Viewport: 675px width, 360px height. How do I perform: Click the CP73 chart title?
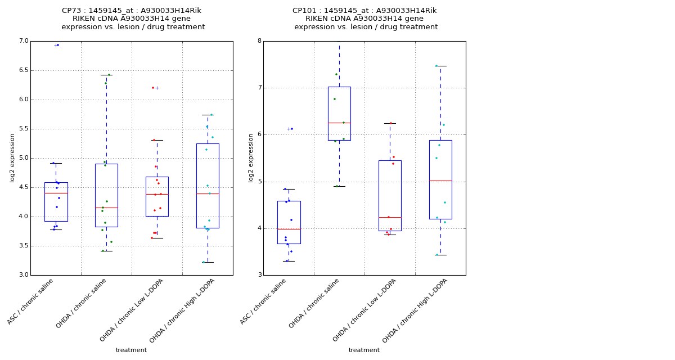click(x=132, y=19)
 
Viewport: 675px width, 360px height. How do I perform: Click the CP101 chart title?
click(x=365, y=19)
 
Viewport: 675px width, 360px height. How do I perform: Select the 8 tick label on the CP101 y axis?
click(x=259, y=41)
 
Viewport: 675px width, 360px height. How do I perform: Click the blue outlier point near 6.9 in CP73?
click(x=58, y=45)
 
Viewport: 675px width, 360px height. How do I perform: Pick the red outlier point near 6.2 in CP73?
click(x=152, y=88)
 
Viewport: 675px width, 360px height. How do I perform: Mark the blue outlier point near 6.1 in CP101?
click(x=292, y=129)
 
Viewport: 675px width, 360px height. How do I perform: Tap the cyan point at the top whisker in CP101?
click(x=436, y=66)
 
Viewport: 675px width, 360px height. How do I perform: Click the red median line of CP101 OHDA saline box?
click(x=339, y=123)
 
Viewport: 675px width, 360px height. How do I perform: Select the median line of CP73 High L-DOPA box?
click(x=208, y=193)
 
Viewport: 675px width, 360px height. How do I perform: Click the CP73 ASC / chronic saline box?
click(x=56, y=201)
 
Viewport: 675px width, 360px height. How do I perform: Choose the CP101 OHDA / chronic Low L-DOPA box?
click(x=390, y=195)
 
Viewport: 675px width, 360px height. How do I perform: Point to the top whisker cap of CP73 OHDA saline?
click(x=106, y=75)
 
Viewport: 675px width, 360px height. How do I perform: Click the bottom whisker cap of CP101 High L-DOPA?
click(x=440, y=255)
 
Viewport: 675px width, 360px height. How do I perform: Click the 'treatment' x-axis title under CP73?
click(x=131, y=350)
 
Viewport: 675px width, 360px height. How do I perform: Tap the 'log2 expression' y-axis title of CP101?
click(x=251, y=157)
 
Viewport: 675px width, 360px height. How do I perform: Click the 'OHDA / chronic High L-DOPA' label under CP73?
click(x=183, y=310)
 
